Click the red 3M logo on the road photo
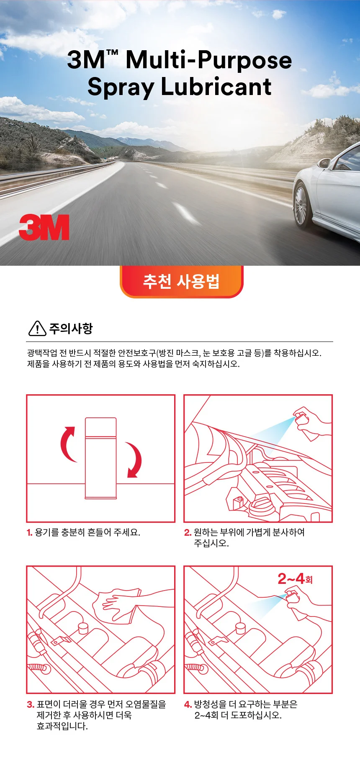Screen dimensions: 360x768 coord(44,227)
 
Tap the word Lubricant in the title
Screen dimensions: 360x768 coord(216,87)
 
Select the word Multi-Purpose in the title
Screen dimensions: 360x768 coord(208,59)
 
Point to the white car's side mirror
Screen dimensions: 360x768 coord(324,163)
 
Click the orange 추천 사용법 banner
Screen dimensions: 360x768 coord(181,281)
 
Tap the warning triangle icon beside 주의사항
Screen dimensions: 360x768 coord(37,329)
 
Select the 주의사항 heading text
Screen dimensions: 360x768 coord(71,329)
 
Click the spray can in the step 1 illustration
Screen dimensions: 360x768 coord(101,458)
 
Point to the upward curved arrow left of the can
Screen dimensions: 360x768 coord(66,444)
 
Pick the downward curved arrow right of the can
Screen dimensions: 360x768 coord(136,460)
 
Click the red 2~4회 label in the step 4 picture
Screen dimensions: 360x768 coord(295,579)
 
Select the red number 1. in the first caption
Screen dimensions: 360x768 coord(29,533)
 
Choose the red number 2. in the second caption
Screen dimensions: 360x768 coord(188,533)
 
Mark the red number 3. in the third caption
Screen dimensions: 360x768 coord(30,705)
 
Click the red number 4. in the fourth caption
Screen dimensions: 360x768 coord(188,705)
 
